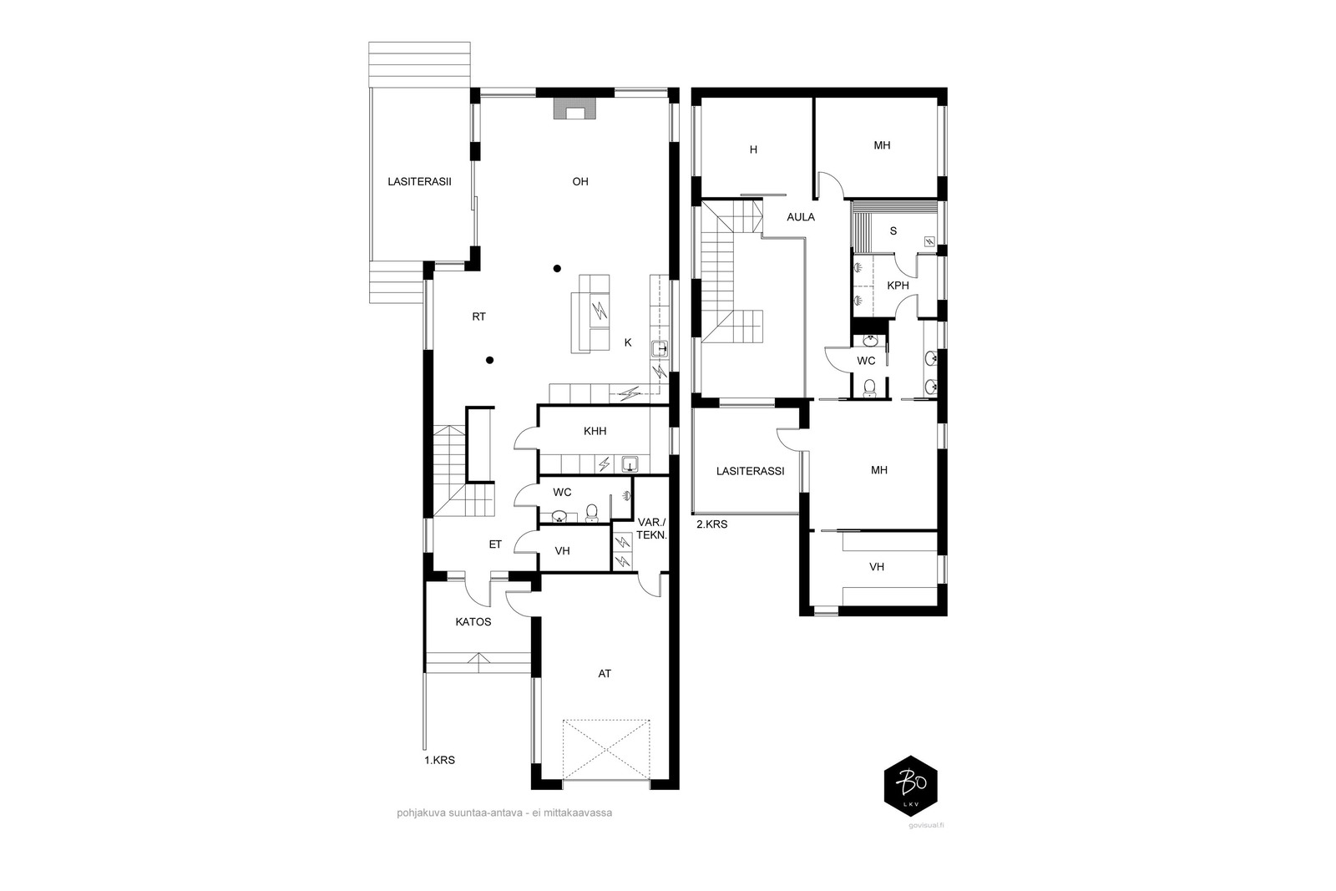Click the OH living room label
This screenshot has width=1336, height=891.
pyautogui.click(x=580, y=181)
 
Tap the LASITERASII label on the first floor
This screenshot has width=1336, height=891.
pyautogui.click(x=419, y=181)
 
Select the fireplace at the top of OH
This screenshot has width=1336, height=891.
pyautogui.click(x=574, y=110)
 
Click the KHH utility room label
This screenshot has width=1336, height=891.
pyautogui.click(x=595, y=432)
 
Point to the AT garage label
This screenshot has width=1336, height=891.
pyautogui.click(x=605, y=673)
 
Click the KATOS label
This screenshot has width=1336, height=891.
pyautogui.click(x=473, y=622)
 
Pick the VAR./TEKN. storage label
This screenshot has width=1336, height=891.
pyautogui.click(x=651, y=529)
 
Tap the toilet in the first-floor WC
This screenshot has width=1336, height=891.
pyautogui.click(x=592, y=512)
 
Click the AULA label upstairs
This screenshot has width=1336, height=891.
pyautogui.click(x=801, y=217)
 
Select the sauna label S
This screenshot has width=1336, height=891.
pyautogui.click(x=893, y=231)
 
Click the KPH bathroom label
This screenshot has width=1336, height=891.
pyautogui.click(x=898, y=286)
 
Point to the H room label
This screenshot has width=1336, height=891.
pyautogui.click(x=753, y=150)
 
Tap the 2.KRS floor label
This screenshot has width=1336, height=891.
pyautogui.click(x=711, y=524)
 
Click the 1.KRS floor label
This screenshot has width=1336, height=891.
pyautogui.click(x=439, y=761)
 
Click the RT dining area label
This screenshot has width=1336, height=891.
pyautogui.click(x=478, y=317)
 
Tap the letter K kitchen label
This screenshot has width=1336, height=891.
pyautogui.click(x=628, y=342)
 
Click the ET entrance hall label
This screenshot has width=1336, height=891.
pyautogui.click(x=495, y=544)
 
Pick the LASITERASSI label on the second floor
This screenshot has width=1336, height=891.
pyautogui.click(x=750, y=471)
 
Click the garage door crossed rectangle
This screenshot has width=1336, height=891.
pyautogui.click(x=606, y=749)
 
